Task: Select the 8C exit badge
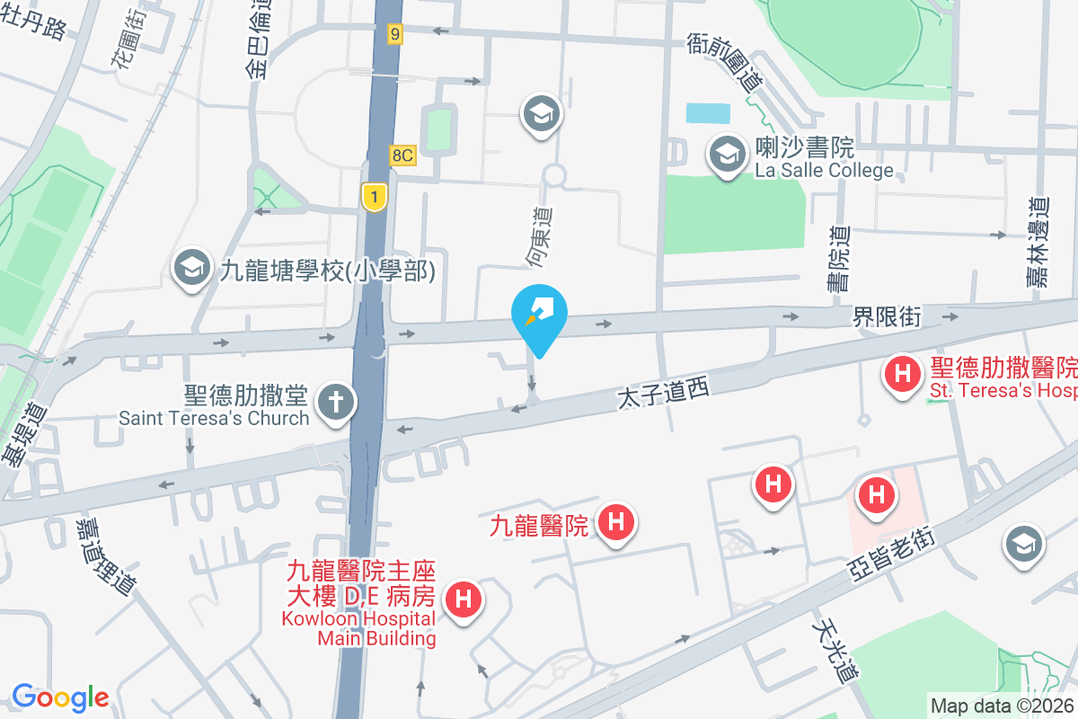(x=402, y=155)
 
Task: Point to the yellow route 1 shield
(x=374, y=196)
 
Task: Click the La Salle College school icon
(x=726, y=154)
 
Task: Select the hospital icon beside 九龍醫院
(x=617, y=522)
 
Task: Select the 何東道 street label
(x=539, y=238)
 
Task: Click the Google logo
(x=60, y=697)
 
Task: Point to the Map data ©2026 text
(x=1002, y=706)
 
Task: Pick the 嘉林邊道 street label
(x=1039, y=243)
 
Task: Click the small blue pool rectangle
(x=708, y=113)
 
